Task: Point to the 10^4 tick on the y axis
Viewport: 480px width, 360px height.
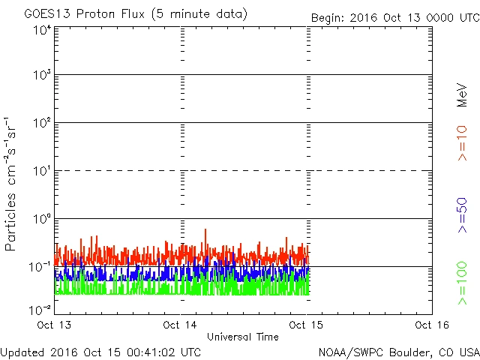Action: [42, 30]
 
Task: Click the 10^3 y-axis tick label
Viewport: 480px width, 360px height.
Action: [42, 76]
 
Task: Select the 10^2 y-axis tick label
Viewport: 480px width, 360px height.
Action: [42, 124]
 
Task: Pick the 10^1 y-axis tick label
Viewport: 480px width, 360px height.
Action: [42, 172]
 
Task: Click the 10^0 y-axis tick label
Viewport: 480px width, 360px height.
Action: [42, 220]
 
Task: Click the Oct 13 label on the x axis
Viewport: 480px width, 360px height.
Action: [56, 325]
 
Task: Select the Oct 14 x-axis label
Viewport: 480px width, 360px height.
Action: [181, 325]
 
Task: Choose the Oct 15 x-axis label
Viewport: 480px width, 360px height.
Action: [306, 325]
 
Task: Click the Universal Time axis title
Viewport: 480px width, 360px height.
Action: [242, 337]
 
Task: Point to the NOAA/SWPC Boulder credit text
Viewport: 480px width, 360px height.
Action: [398, 352]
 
